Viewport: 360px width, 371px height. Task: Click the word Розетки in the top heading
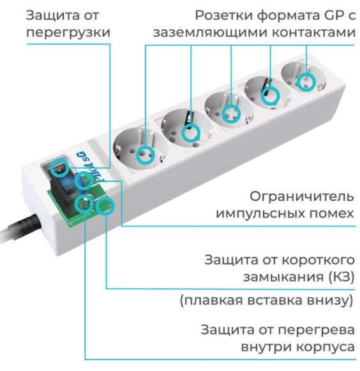224,16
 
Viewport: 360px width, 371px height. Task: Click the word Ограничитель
301,197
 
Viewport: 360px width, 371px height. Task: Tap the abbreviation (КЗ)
341,277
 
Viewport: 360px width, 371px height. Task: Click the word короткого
318,260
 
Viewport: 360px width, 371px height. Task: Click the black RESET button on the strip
59,169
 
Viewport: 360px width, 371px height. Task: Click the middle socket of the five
229,111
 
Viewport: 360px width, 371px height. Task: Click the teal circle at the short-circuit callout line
105,207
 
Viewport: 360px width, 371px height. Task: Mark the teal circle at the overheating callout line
84,203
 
